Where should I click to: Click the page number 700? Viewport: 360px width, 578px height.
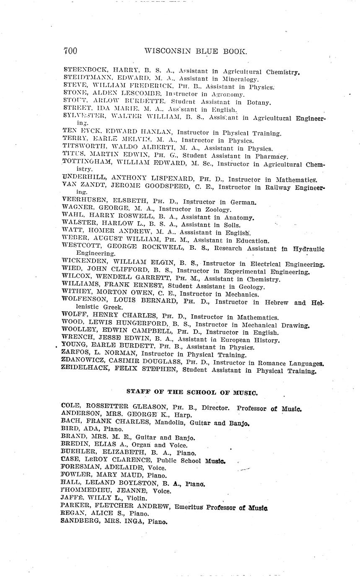tap(70, 51)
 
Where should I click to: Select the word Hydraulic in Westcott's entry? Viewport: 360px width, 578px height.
tap(309, 249)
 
